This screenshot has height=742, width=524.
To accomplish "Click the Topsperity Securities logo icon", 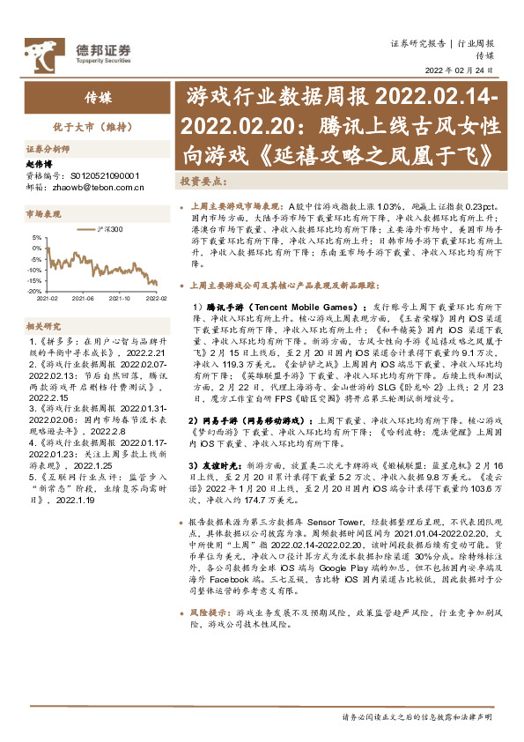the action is tap(40, 51).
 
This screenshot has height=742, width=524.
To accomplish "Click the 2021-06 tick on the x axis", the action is tap(83, 299).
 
